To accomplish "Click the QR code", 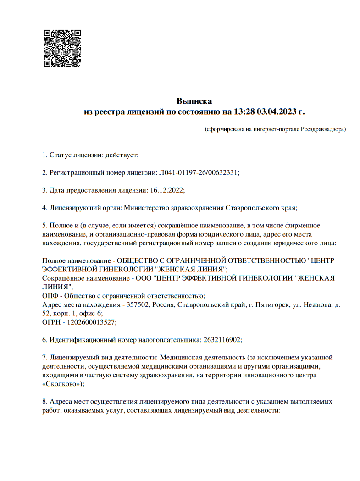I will (x=62, y=48).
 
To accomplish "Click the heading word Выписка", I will (x=194, y=101).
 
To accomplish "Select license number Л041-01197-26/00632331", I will (x=199, y=172).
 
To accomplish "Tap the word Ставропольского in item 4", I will (x=249, y=208).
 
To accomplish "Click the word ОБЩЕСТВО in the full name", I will (x=140, y=260).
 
